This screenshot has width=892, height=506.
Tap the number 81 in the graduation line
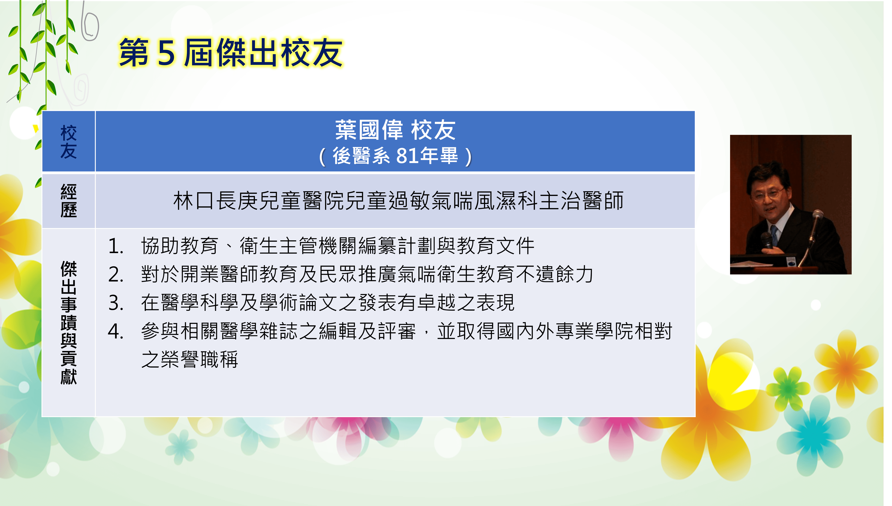(x=407, y=155)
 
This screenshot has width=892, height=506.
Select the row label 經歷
(x=69, y=201)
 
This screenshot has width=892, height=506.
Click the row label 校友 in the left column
(x=69, y=142)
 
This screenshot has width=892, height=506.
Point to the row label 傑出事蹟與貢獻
(x=69, y=323)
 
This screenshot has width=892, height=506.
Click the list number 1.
(x=116, y=246)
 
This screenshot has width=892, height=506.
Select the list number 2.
(x=116, y=275)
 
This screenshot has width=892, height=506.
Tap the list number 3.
(x=116, y=303)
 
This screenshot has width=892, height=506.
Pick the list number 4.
(x=116, y=331)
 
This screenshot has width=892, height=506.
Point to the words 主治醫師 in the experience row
(x=581, y=201)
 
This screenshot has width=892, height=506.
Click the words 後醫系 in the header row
(x=361, y=156)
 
